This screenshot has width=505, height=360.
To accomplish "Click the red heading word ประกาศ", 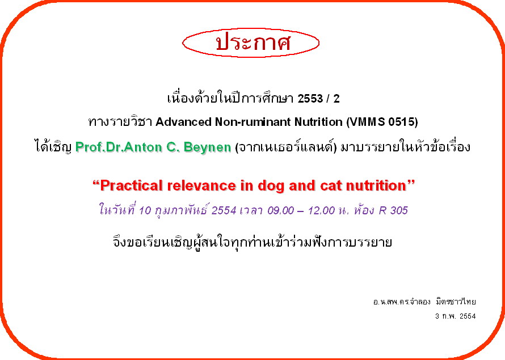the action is point(253,43).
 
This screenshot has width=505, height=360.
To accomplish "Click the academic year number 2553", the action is point(310,99).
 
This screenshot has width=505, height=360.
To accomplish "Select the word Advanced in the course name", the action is point(184,122).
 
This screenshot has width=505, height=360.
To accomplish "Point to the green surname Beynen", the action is point(208,147).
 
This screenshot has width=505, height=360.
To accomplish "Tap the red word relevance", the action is point(201,185).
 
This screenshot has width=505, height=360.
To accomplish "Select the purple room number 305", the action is point(399,210).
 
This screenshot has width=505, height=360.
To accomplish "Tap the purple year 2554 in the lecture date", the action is point(224,210).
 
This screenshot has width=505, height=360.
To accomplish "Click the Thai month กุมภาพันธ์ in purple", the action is point(182,210).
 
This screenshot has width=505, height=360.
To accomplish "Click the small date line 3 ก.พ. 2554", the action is point(456,316).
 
